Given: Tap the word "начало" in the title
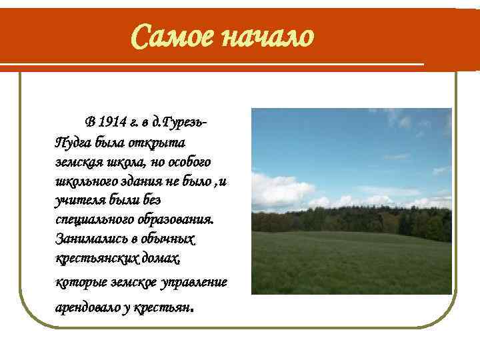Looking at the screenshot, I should tap(265, 37).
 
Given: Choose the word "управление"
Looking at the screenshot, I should tap(194, 281).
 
